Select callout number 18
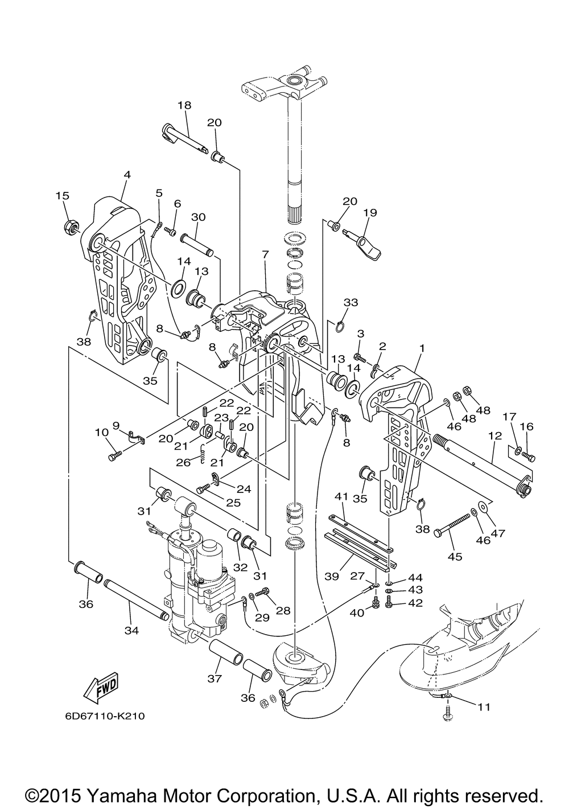click(x=184, y=105)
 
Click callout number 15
click(x=62, y=196)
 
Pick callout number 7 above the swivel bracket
click(x=266, y=254)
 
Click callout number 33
click(x=351, y=302)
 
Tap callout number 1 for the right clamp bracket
click(x=422, y=348)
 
